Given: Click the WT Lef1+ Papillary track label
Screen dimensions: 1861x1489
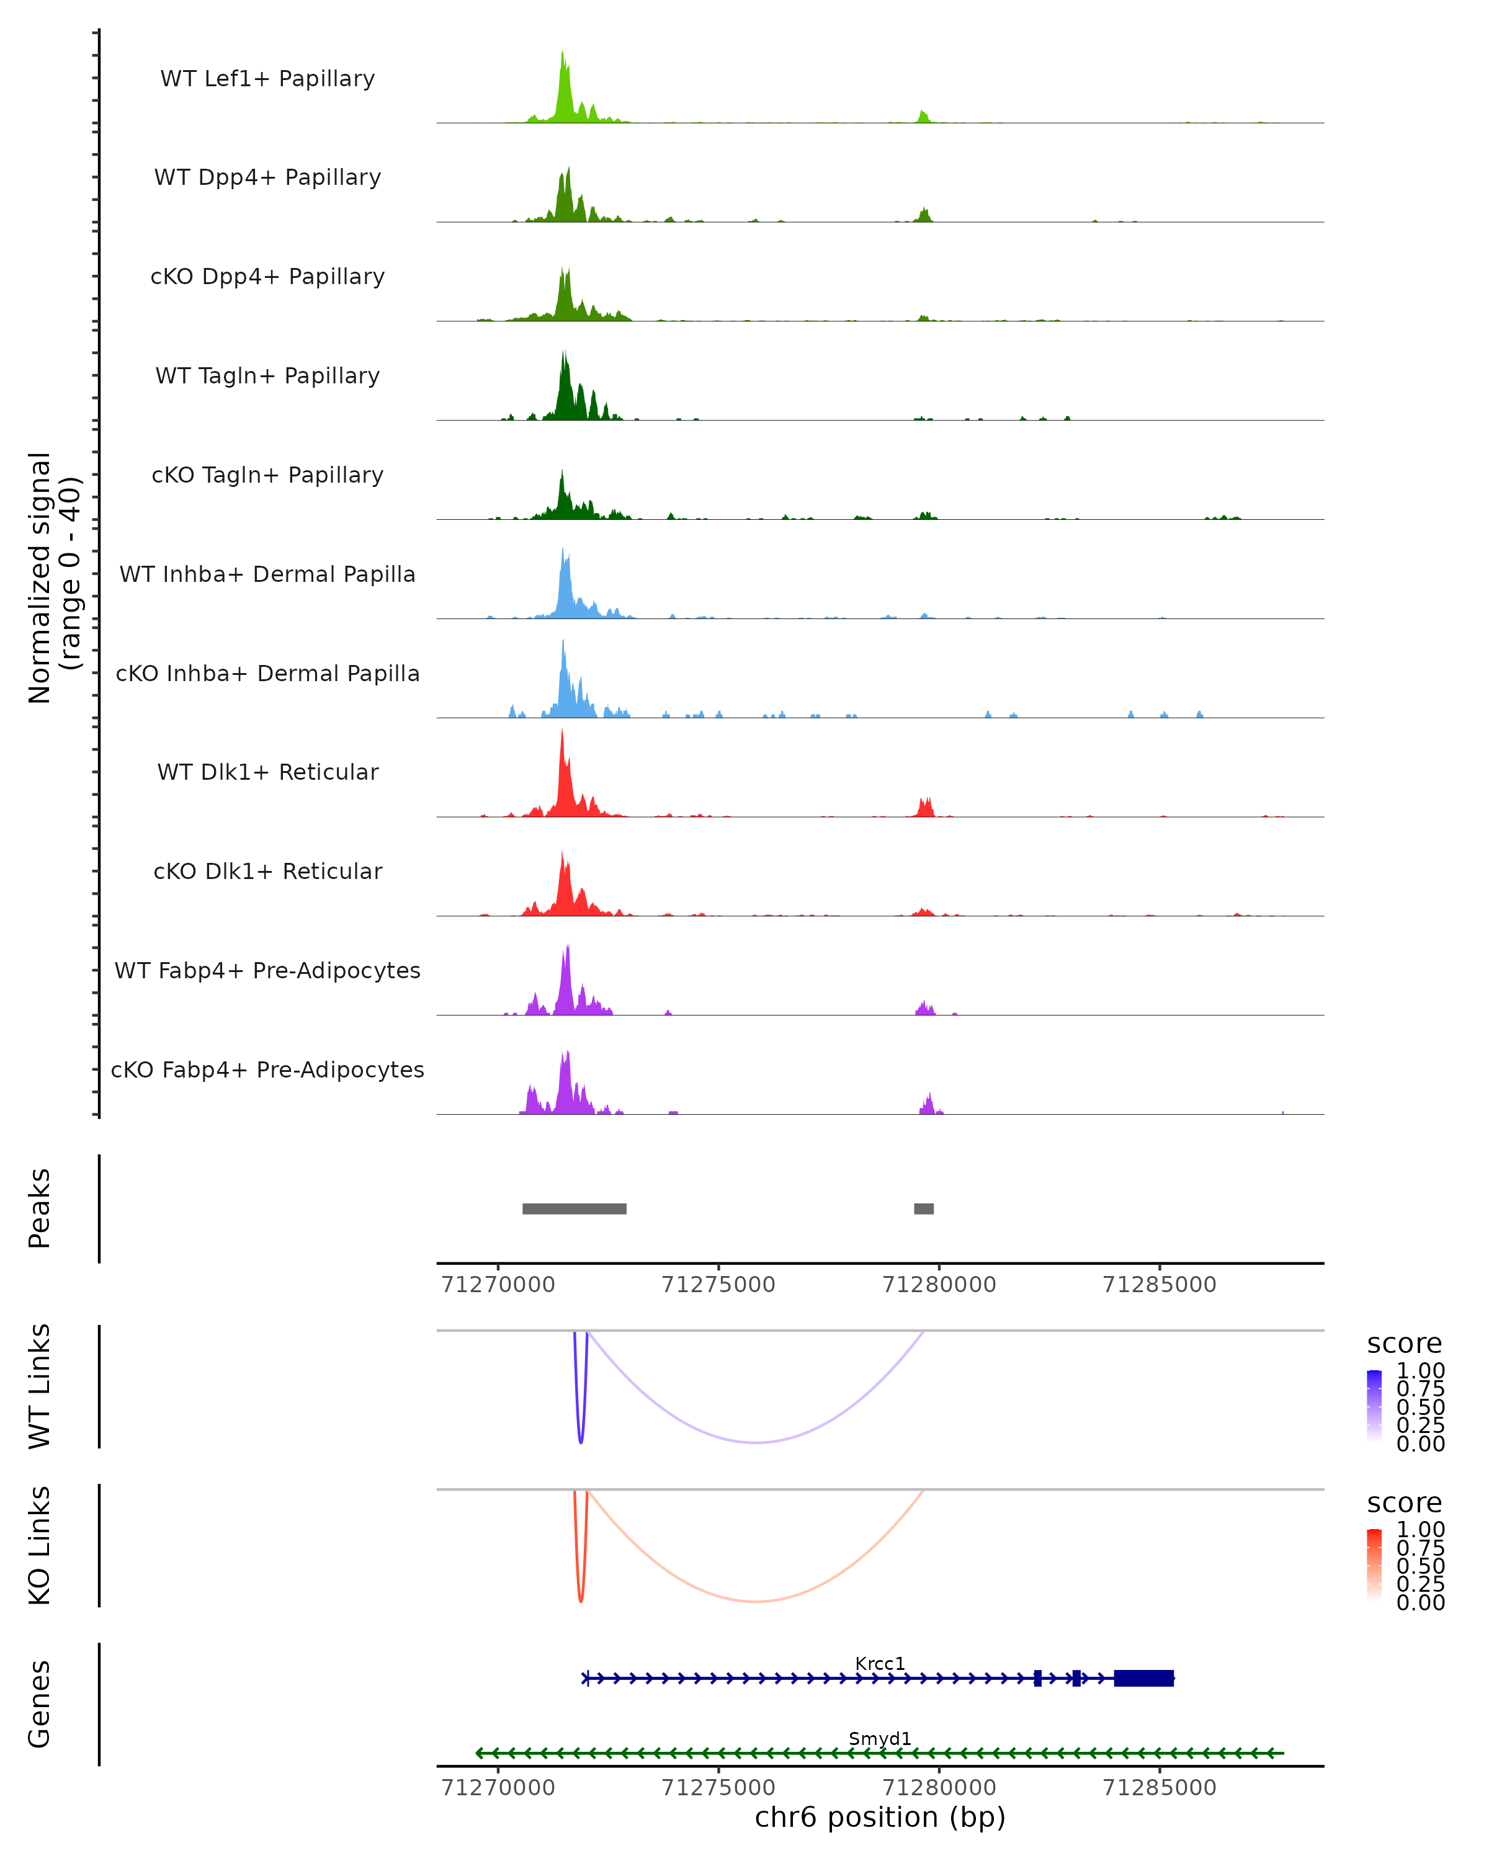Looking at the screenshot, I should pyautogui.click(x=267, y=79).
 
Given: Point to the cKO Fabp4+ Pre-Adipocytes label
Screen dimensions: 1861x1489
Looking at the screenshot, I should pyautogui.click(x=267, y=1069).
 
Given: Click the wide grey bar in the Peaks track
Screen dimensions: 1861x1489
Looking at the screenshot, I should pyautogui.click(x=574, y=1208).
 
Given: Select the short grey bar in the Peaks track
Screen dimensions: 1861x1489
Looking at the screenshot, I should pyautogui.click(x=924, y=1208).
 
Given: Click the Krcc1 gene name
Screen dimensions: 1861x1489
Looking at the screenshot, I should pyautogui.click(x=880, y=1663).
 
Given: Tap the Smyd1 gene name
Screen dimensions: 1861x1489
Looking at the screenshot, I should pyautogui.click(x=880, y=1738).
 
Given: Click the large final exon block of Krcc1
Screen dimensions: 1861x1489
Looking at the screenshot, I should pyautogui.click(x=1143, y=1678).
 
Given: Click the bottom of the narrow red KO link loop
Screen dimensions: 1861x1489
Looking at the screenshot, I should pyautogui.click(x=580, y=1601).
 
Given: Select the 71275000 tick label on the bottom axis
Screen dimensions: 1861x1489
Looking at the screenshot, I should pyautogui.click(x=718, y=1788).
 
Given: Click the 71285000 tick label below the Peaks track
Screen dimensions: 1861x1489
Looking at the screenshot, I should pyautogui.click(x=1160, y=1285).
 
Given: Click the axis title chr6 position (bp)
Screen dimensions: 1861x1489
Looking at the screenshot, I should pyautogui.click(x=880, y=1818).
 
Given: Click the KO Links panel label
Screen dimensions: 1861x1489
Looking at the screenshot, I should pyautogui.click(x=40, y=1545).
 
